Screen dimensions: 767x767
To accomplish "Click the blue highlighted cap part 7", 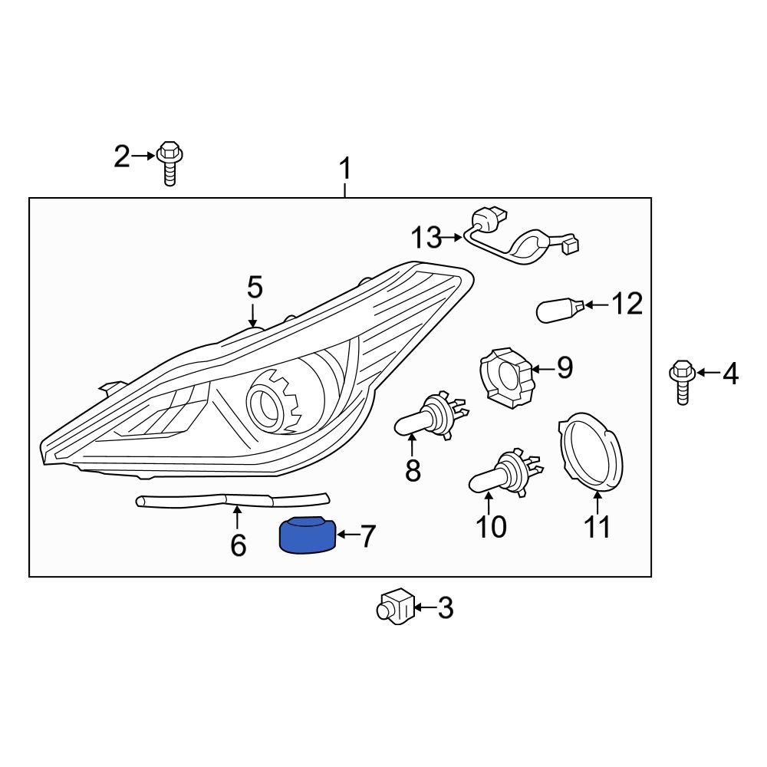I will point(307,535).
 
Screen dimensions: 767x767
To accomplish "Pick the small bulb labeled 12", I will point(561,310).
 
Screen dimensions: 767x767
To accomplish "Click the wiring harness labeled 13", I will point(518,241).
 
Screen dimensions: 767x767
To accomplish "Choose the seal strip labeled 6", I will point(230,500).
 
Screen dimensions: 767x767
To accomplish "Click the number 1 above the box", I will point(345,168).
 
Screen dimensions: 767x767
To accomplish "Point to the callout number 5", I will point(255,288).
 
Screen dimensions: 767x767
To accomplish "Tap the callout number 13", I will point(426,238).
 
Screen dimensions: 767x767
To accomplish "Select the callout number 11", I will point(597,527).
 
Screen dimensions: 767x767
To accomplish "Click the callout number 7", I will point(368,537).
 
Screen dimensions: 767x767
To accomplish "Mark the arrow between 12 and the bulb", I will point(598,305).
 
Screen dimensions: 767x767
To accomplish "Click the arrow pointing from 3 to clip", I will point(424,609).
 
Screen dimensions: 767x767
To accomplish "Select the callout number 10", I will point(491,527).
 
